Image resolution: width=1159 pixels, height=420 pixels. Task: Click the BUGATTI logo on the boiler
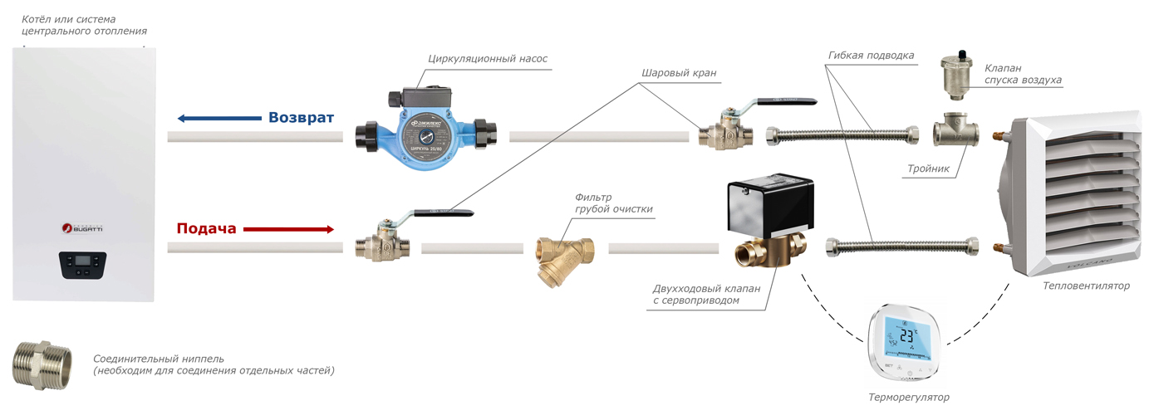82,227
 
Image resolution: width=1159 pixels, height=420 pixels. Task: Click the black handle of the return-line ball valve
785,102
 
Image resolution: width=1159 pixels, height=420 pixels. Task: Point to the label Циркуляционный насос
488,59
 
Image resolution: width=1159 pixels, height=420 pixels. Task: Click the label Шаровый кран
678,73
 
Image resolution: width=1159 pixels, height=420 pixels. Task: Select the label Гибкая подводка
871,56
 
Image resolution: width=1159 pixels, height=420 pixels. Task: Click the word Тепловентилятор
1087,286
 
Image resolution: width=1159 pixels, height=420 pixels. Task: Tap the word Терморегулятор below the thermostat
908,398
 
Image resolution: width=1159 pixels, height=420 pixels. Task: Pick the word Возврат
301,118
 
